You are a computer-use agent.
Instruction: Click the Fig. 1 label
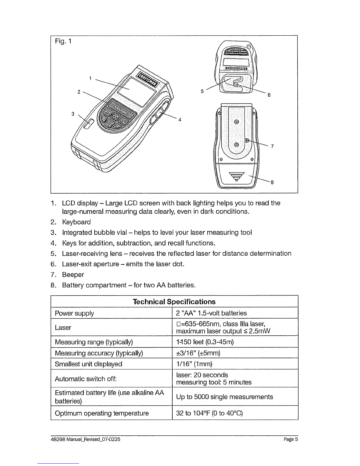[x=63, y=41]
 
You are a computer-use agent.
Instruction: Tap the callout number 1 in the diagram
[x=90, y=78]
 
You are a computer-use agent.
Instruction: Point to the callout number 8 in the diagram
[x=272, y=182]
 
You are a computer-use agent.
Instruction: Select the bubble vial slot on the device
[x=89, y=124]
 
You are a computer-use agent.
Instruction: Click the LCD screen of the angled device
[x=136, y=92]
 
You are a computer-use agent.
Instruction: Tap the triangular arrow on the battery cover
[x=236, y=176]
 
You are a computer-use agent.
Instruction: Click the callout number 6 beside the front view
[x=269, y=95]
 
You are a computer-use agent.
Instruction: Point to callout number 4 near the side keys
[x=180, y=120]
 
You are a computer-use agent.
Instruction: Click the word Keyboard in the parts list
[x=76, y=222]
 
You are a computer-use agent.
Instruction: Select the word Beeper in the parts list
[x=73, y=274]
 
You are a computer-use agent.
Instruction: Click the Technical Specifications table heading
[x=174, y=302]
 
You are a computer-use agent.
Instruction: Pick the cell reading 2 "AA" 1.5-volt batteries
[x=211, y=313]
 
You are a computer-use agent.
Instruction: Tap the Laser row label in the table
[x=63, y=327]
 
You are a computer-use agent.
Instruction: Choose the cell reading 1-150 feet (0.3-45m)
[x=205, y=342]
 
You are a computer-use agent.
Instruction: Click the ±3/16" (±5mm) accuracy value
[x=198, y=353]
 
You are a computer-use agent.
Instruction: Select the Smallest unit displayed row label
[x=88, y=364]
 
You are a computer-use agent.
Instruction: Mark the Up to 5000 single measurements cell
[x=224, y=397]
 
